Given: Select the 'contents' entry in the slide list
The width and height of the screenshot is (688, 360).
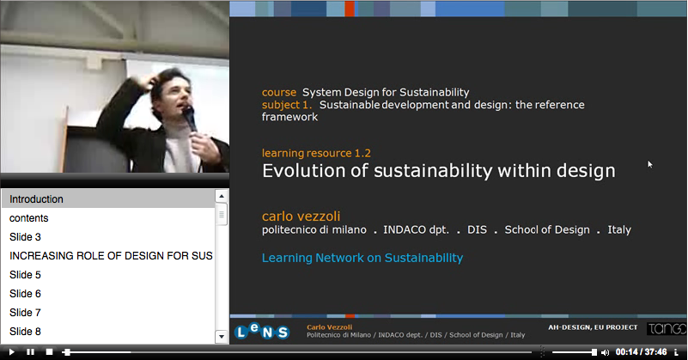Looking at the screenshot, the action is tap(29, 218).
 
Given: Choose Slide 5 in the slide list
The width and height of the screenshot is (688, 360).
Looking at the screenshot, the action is tap(25, 275).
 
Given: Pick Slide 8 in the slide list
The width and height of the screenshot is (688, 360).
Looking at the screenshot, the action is tap(25, 332).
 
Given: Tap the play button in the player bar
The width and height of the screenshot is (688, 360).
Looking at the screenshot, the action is tap(11, 352).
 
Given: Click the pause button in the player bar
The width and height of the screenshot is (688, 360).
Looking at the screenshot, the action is tap(30, 352).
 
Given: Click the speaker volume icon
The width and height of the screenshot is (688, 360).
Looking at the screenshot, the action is tap(606, 352).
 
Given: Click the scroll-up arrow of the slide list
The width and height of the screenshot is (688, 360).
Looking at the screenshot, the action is tap(221, 196).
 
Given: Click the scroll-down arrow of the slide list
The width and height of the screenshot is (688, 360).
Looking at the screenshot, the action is tap(221, 337).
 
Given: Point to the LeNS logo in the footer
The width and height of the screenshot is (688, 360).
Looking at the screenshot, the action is tap(262, 332).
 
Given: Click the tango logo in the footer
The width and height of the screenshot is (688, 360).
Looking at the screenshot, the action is tap(667, 328).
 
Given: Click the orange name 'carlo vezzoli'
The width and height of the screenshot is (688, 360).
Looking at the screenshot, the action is tap(301, 216).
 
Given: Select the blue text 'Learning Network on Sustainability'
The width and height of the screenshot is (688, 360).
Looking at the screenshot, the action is tap(362, 258).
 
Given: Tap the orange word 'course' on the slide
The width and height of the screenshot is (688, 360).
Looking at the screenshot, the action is tap(279, 92).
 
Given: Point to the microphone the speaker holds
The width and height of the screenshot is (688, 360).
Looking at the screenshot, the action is tap(189, 118).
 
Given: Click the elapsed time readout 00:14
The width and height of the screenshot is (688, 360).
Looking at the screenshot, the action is tap(626, 352).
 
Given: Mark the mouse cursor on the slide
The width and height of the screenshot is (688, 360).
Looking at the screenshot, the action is tap(650, 164).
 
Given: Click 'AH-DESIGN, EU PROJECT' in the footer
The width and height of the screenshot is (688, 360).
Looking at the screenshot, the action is tap(593, 327).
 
